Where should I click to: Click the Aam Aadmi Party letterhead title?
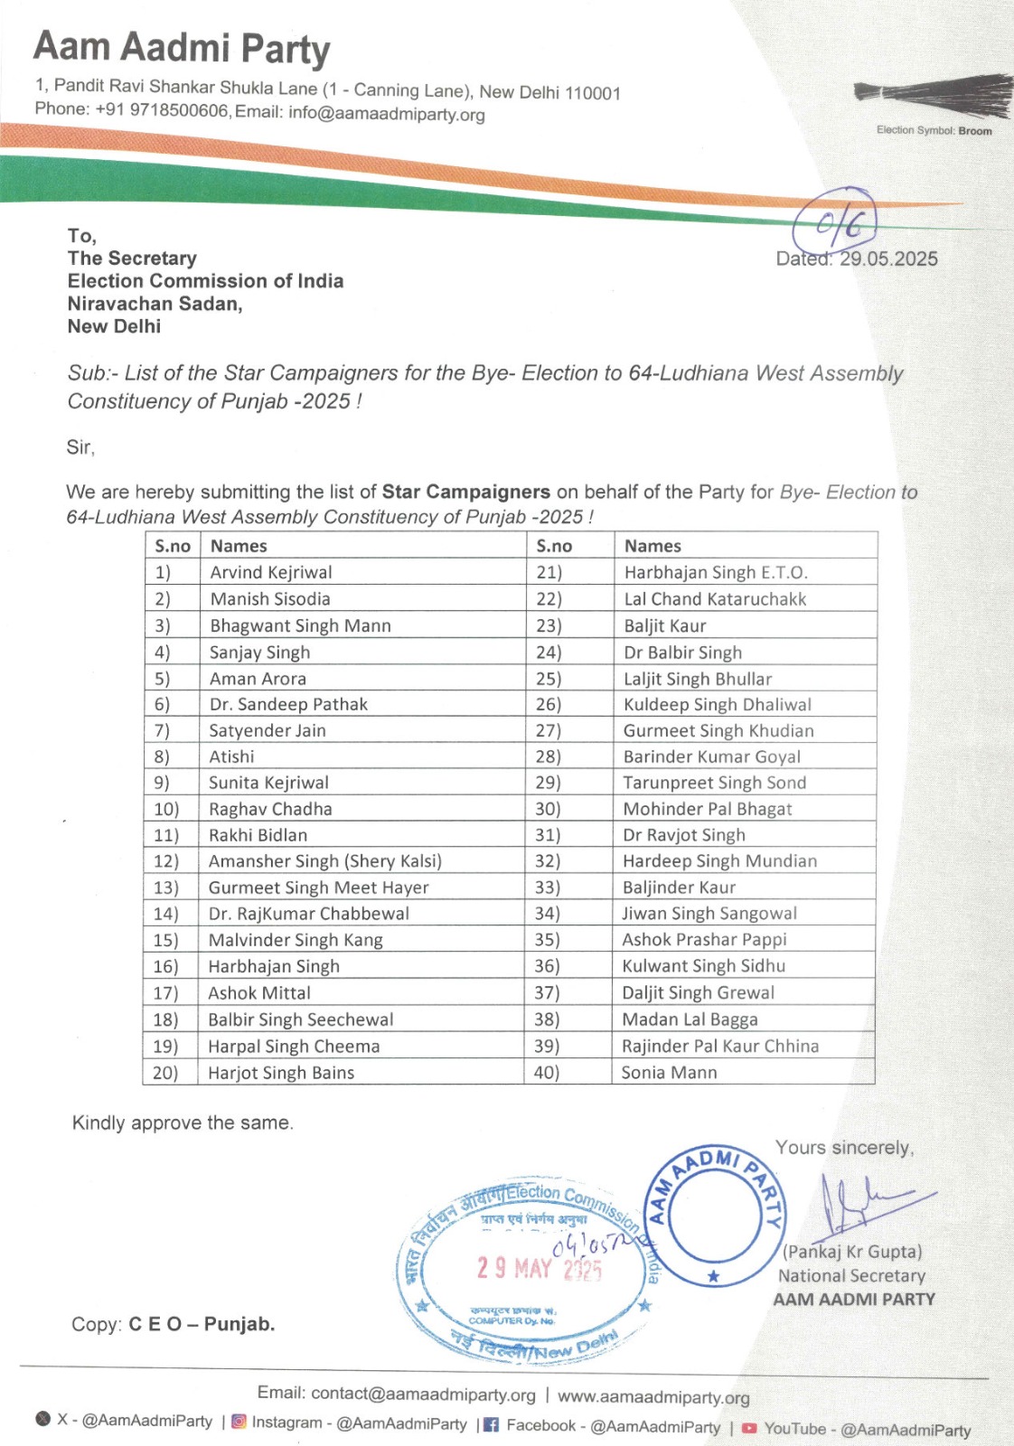182,48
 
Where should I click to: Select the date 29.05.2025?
888,259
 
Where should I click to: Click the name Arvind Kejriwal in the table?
271,572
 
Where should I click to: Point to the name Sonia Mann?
669,1072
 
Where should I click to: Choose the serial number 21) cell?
549,572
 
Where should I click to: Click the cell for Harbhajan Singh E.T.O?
716,572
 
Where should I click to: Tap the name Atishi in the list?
231,756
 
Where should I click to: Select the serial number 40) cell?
547,1072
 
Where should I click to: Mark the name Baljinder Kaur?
679,887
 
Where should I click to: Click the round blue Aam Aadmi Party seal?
715,1216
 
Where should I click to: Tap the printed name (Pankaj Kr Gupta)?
852,1252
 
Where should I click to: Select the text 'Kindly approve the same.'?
183,1123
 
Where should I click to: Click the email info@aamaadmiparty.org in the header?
387,114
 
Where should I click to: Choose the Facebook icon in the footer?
491,1425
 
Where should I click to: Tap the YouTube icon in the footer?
749,1428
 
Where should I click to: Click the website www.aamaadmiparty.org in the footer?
653,1397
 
